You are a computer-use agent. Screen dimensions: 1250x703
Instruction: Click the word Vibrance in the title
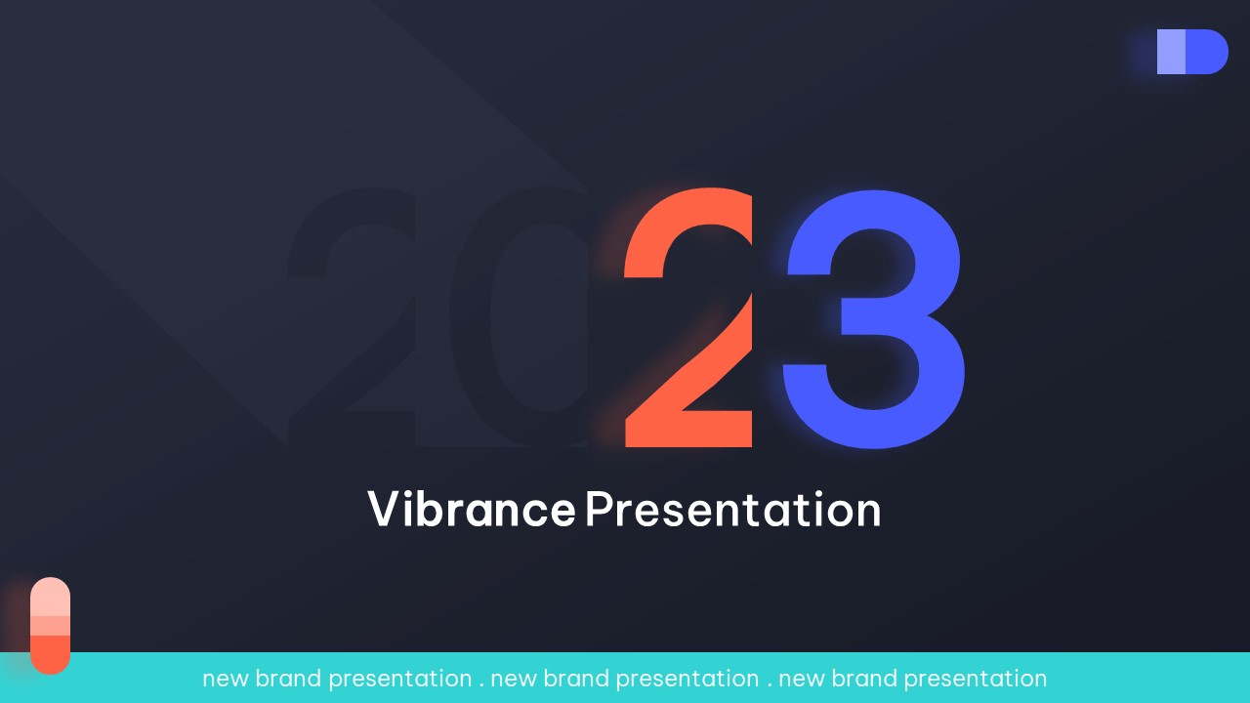(472, 509)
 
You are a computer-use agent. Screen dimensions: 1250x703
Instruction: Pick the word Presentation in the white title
(733, 509)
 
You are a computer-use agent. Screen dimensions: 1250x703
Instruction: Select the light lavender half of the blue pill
(1171, 52)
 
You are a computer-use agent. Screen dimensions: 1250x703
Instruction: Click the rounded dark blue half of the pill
(1206, 52)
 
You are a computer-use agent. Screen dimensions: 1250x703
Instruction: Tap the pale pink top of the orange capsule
(50, 597)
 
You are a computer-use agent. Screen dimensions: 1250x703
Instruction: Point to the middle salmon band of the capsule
(50, 626)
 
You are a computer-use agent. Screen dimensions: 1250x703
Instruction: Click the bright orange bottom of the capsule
(50, 654)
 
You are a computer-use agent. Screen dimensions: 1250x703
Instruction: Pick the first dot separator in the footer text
(481, 685)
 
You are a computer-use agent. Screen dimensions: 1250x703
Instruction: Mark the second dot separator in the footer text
(770, 685)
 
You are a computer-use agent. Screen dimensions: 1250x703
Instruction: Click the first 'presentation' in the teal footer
(400, 680)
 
